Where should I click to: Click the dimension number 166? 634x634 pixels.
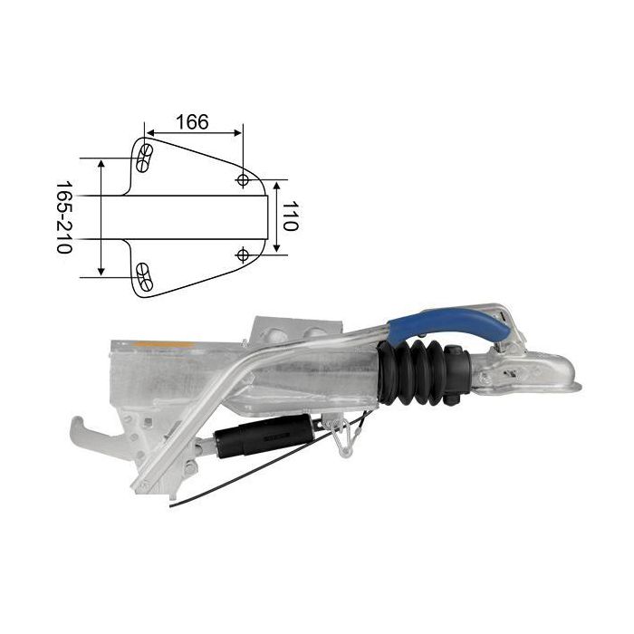(x=192, y=122)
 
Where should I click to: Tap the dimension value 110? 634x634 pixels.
(x=290, y=216)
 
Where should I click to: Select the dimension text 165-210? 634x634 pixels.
(x=64, y=217)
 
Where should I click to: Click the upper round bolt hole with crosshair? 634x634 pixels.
(x=243, y=179)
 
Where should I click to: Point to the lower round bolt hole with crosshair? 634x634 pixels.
(x=243, y=255)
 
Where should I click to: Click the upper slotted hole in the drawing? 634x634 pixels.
(x=144, y=158)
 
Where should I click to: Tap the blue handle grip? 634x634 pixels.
(x=449, y=324)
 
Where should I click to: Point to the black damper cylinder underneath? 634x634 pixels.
(x=264, y=437)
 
